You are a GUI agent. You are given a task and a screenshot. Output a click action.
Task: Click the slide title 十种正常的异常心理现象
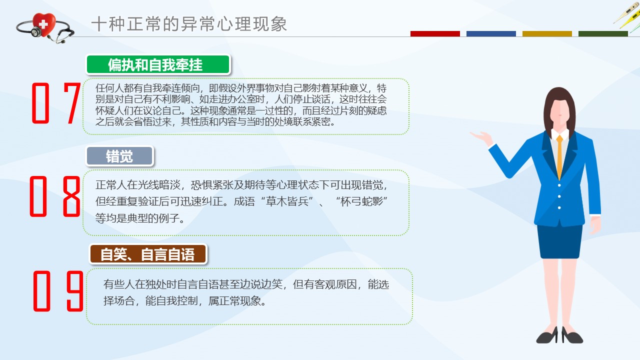click(x=189, y=23)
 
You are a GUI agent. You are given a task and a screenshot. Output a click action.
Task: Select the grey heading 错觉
click(x=119, y=156)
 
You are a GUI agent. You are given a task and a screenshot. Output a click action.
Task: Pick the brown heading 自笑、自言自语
click(x=148, y=254)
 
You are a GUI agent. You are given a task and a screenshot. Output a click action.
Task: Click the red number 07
click(x=56, y=103)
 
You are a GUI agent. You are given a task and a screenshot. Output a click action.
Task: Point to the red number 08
click(x=55, y=196)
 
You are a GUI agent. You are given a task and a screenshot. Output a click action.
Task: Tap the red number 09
click(x=58, y=291)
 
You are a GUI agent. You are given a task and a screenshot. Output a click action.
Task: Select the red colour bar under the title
click(x=435, y=33)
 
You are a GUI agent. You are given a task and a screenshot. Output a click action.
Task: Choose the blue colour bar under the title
click(x=491, y=33)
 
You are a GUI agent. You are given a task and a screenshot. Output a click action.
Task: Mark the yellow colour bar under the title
click(x=547, y=33)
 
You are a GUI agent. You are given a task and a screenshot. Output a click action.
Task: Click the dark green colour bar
click(x=603, y=33)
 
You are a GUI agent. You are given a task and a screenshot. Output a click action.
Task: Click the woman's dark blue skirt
click(x=559, y=241)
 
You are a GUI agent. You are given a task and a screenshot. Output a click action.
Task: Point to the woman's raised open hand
click(x=481, y=137)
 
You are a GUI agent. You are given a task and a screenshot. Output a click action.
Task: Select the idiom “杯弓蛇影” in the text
click(x=361, y=201)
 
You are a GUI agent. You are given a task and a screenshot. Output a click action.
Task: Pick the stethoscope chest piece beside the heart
click(x=36, y=31)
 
